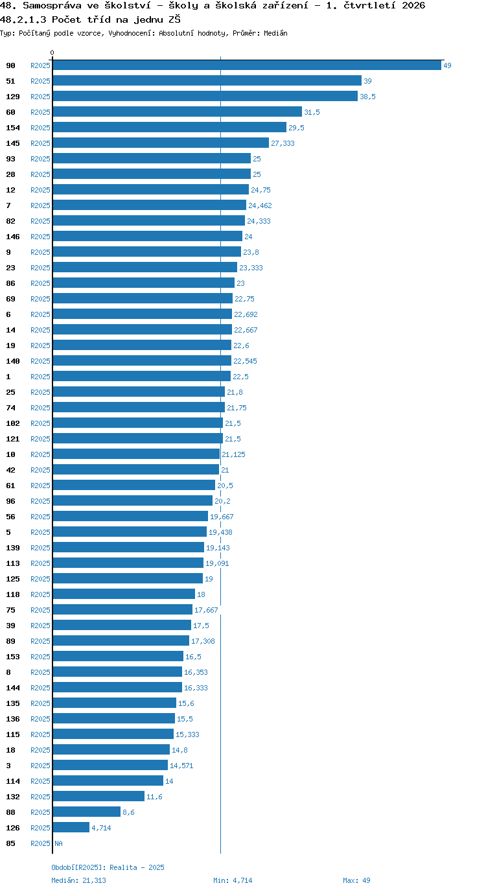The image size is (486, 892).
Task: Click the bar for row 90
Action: pos(247,65)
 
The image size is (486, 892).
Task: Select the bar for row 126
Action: pos(71,827)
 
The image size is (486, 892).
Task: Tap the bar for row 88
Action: pos(87,812)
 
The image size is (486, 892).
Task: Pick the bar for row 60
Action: pos(178,112)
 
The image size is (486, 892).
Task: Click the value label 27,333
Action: pos(283,143)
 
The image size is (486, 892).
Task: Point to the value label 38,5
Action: pos(367,97)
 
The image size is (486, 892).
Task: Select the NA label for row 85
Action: pos(58,843)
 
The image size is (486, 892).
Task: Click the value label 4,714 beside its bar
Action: pos(101,828)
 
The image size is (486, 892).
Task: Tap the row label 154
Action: pos(13,128)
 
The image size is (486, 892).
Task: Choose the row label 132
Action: pos(13,797)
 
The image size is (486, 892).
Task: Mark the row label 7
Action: pos(8,205)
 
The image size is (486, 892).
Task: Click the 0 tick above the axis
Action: pos(52,53)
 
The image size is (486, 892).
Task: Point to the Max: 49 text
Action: pos(356,880)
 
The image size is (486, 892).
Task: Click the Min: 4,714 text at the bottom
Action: pos(233,880)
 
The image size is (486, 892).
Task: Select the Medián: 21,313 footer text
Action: pos(79,880)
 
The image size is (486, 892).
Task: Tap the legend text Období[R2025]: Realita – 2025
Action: pos(108,867)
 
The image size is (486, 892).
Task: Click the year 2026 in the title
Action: pos(413,6)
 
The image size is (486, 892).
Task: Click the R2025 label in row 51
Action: pos(41,81)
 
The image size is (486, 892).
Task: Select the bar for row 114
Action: pos(108,780)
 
